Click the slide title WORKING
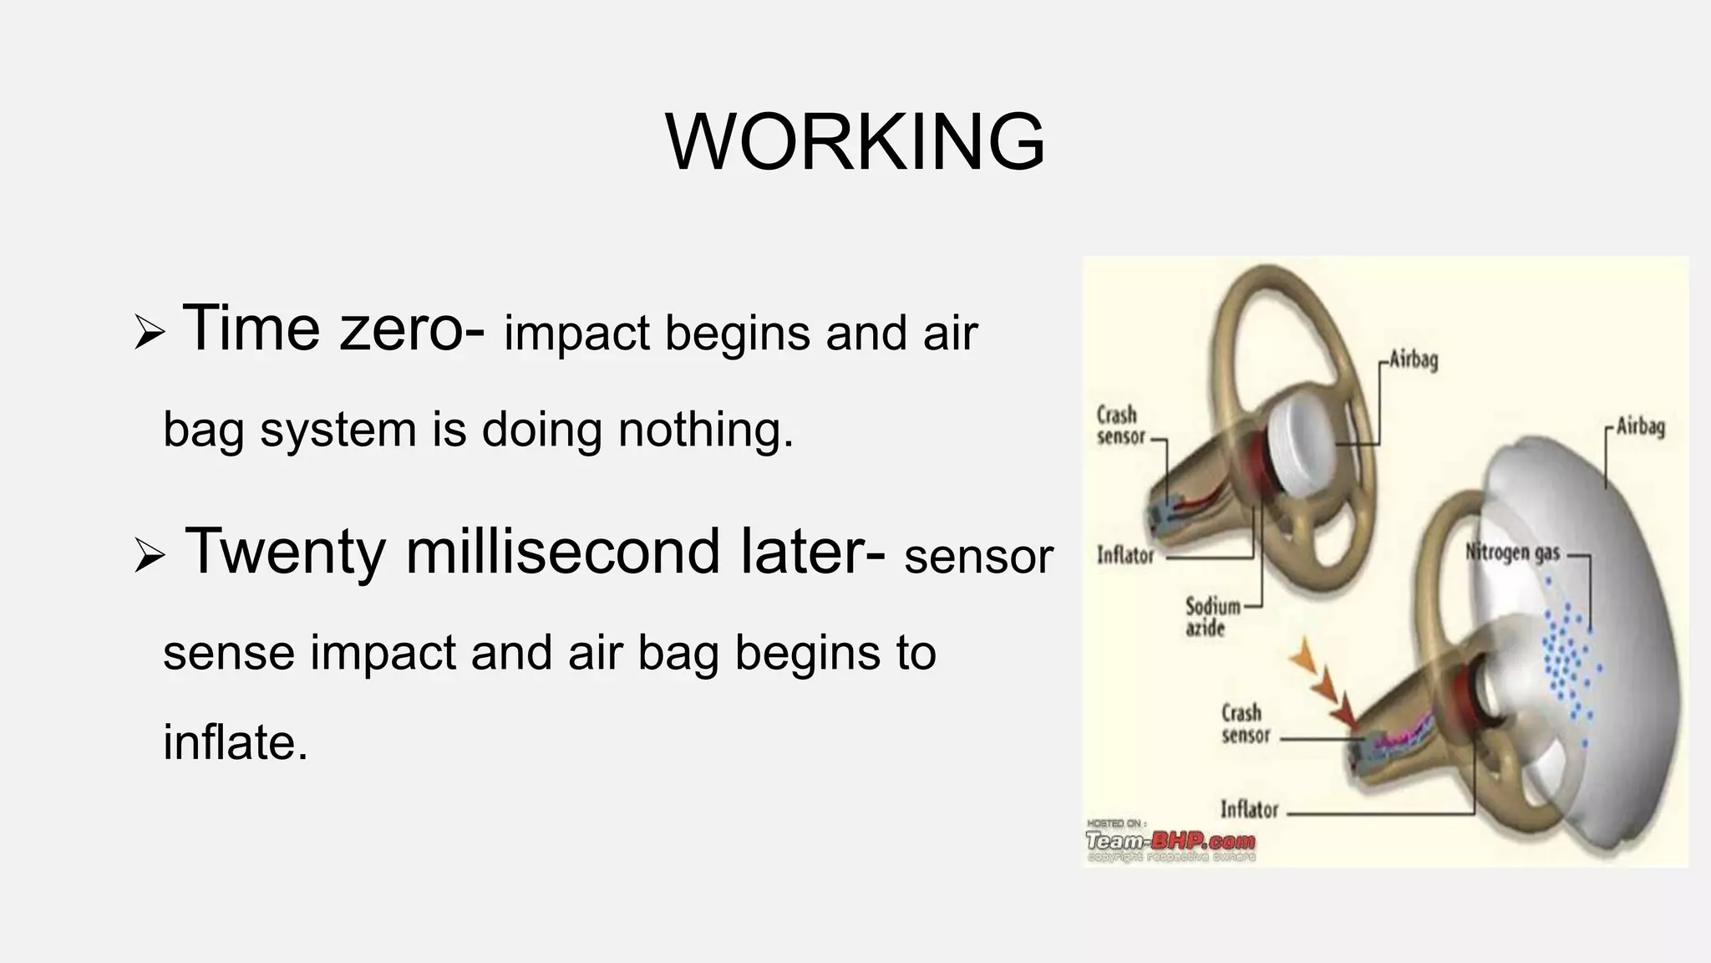click(x=855, y=142)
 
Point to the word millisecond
click(x=561, y=552)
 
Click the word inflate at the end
click(x=235, y=741)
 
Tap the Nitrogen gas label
click(x=1512, y=553)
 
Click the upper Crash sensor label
click(x=1120, y=425)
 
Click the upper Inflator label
click(x=1125, y=555)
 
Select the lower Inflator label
click(x=1249, y=809)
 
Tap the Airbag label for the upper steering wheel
click(x=1414, y=360)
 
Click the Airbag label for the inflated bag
click(x=1640, y=426)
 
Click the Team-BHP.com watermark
click(x=1170, y=841)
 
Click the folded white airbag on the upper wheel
click(x=1301, y=444)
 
